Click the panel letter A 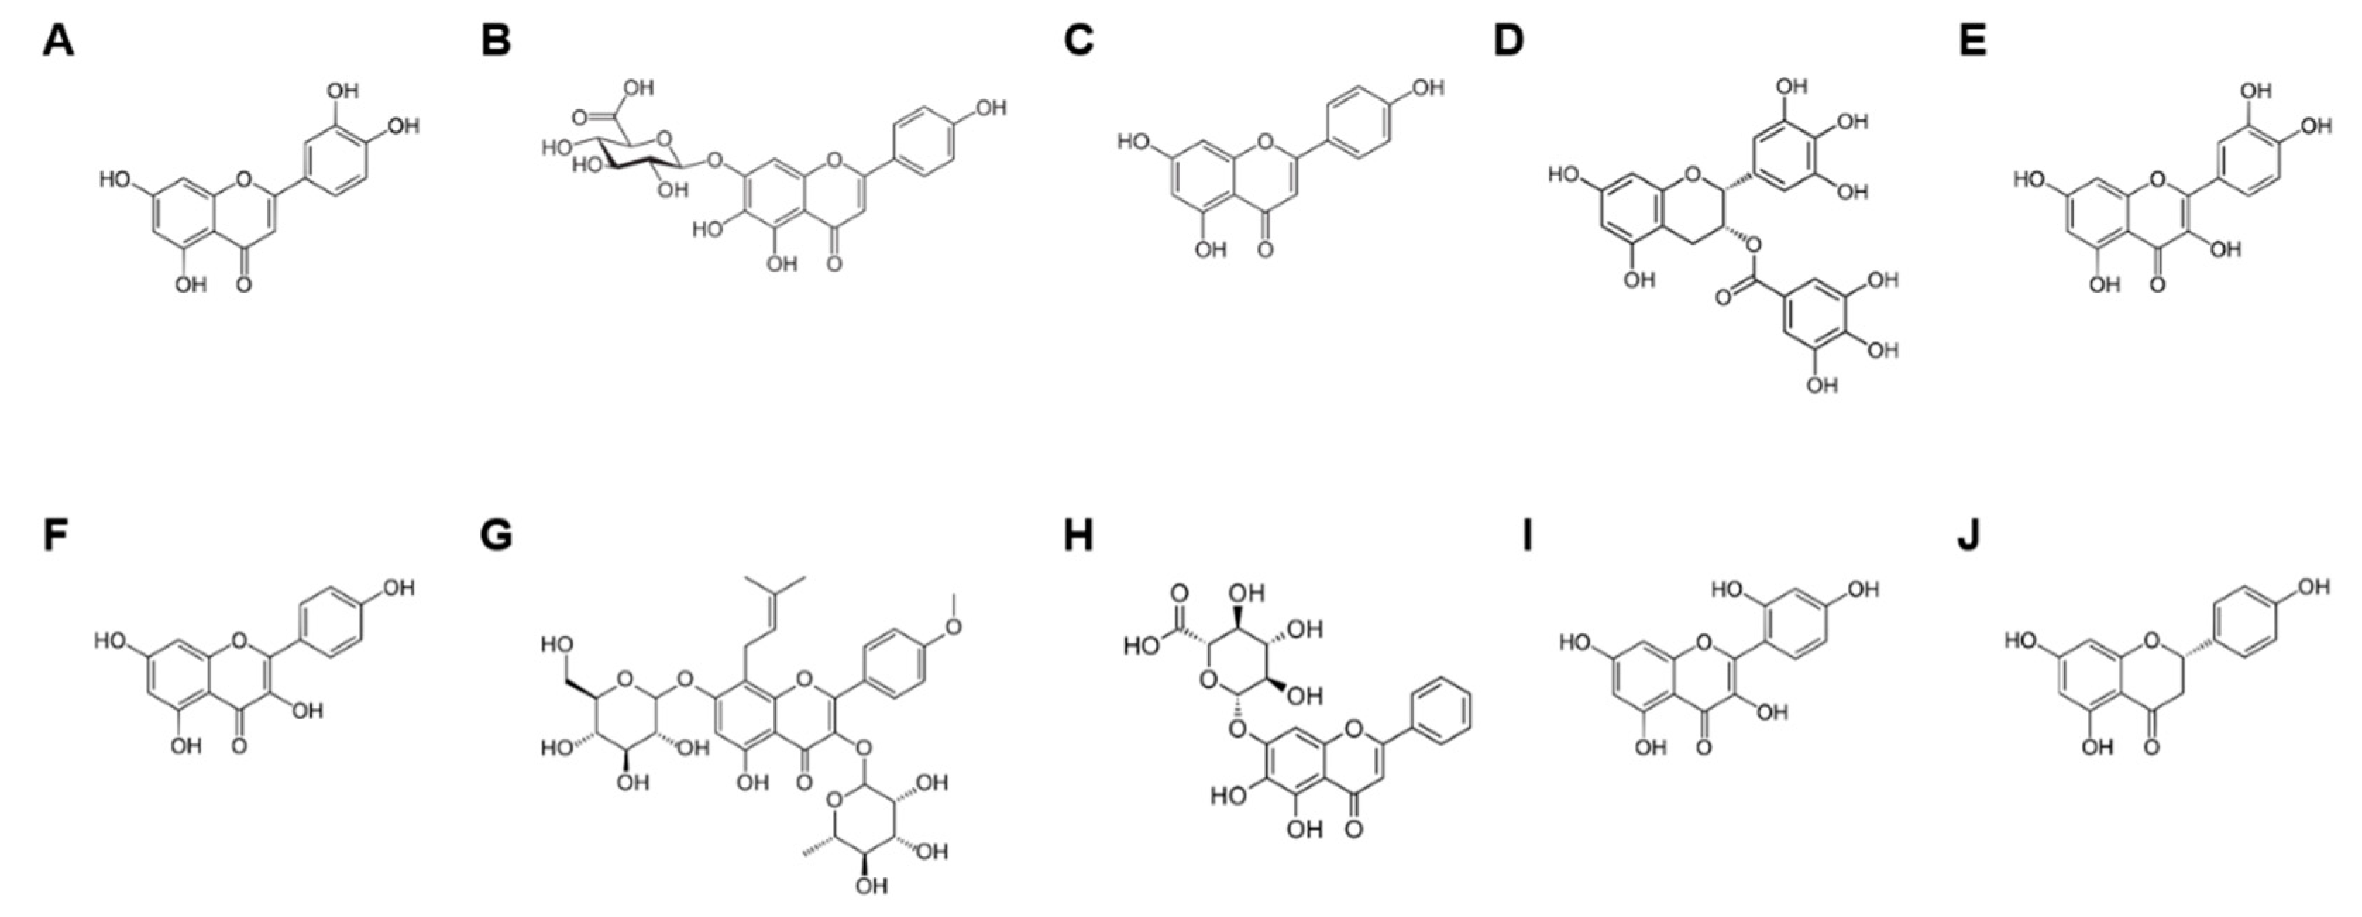(58, 41)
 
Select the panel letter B (496, 41)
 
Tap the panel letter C (1078, 41)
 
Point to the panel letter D (1508, 41)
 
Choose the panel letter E (1972, 41)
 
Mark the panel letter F (56, 535)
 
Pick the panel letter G (496, 535)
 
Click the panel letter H (1078, 535)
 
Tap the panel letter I (1526, 535)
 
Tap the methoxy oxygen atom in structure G (953, 626)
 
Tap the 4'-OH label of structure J (2313, 587)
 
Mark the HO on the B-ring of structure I (1727, 590)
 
